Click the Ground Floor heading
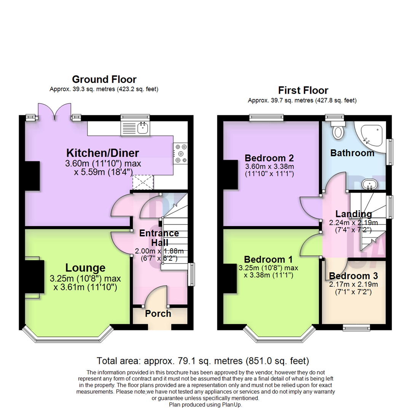pyautogui.click(x=104, y=79)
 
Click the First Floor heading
pyautogui.click(x=303, y=91)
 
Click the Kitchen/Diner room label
pyautogui.click(x=103, y=153)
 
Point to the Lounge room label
pyautogui.click(x=85, y=268)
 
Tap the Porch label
pyautogui.click(x=158, y=314)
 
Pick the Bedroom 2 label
pyautogui.click(x=269, y=158)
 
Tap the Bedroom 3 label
pyautogui.click(x=354, y=276)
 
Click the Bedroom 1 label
pyautogui.click(x=268, y=260)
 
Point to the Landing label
pyautogui.click(x=350, y=214)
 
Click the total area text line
pyautogui.click(x=203, y=360)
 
